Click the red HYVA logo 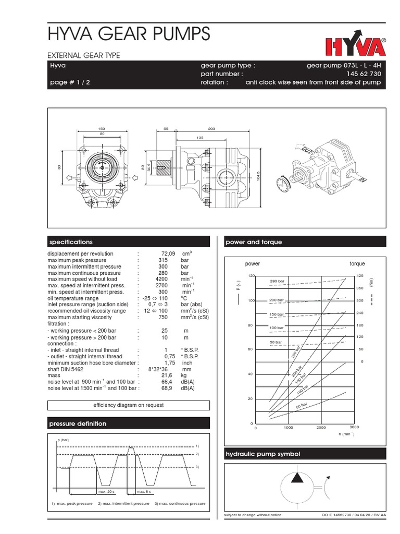(356, 46)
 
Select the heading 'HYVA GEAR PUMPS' (129, 34)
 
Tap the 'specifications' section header (71, 242)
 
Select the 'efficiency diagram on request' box (128, 405)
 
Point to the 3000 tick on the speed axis (354, 428)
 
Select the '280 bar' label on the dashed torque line (277, 282)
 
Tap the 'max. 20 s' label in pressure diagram (106, 491)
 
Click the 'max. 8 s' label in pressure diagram (143, 491)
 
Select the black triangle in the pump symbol (296, 477)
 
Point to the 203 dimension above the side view (211, 128)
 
